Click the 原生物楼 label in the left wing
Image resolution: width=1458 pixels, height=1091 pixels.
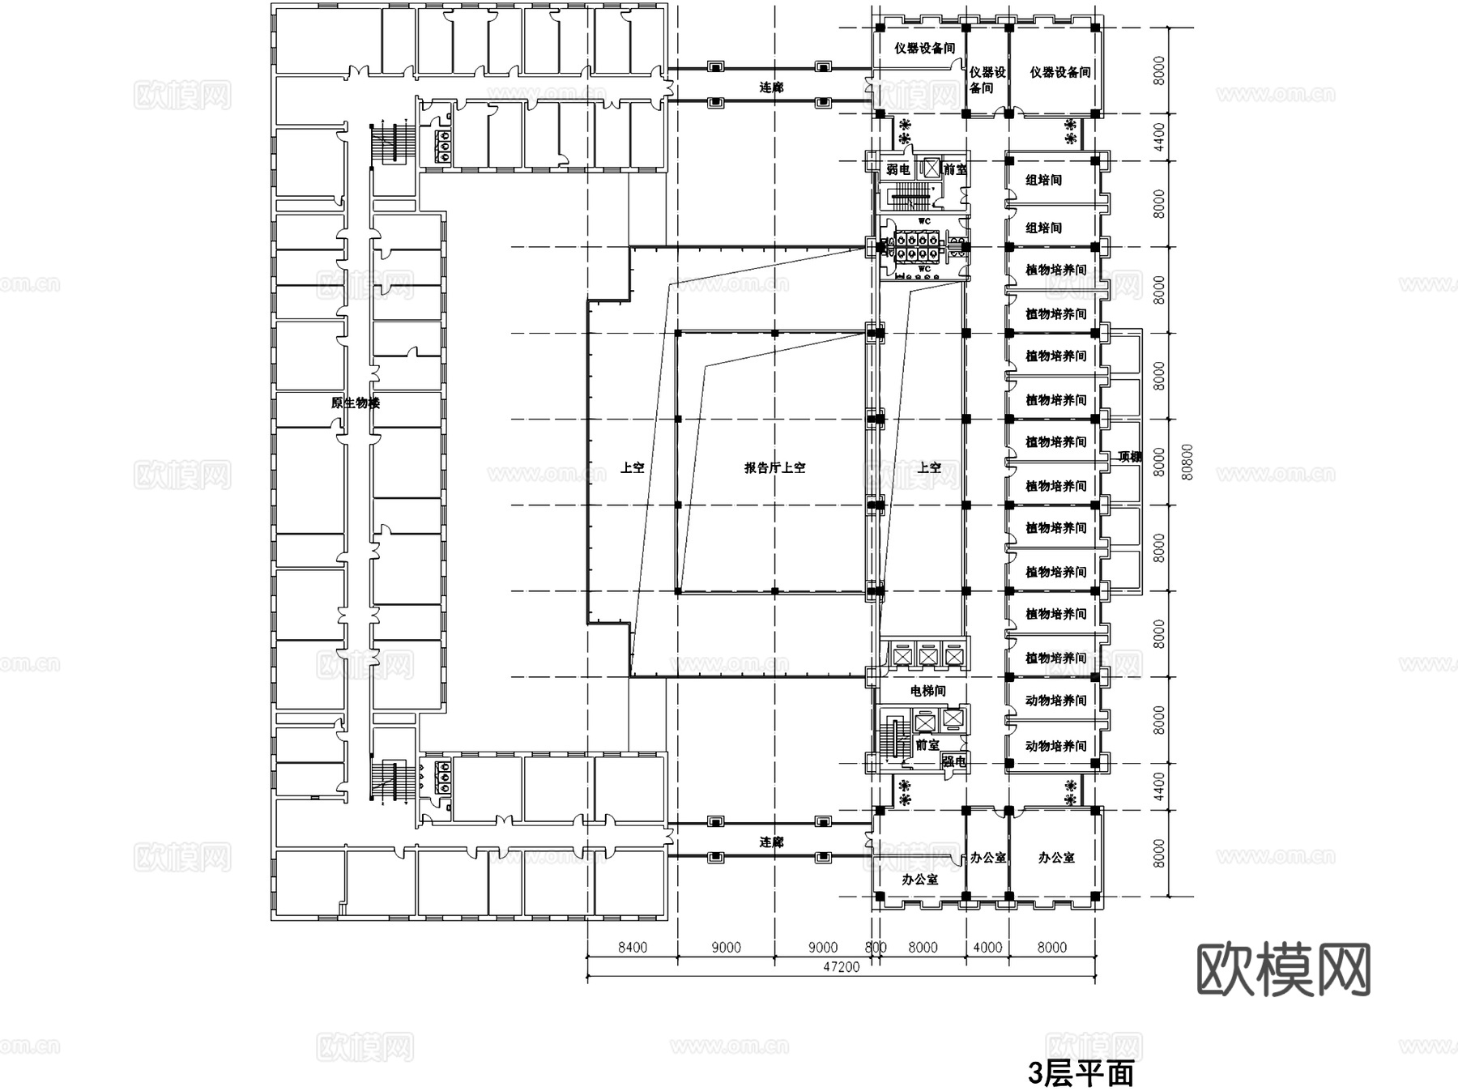coord(355,403)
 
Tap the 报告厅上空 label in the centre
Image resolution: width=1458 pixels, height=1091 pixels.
coord(774,467)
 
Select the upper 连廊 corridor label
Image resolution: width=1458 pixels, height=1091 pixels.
coord(771,87)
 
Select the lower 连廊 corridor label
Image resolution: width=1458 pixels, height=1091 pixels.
coord(771,842)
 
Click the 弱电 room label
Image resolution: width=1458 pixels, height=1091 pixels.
coord(897,169)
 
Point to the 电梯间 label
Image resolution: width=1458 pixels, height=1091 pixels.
coord(927,691)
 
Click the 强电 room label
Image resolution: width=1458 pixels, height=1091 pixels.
coord(953,761)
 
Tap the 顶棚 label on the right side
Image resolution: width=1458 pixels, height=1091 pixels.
coord(1129,457)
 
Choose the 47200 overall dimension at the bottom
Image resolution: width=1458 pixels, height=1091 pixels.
coord(841,967)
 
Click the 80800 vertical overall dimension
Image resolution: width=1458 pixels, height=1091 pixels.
coord(1187,462)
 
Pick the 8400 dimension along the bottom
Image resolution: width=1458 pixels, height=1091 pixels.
coord(632,947)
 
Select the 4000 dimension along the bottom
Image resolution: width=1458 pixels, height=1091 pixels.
coord(987,947)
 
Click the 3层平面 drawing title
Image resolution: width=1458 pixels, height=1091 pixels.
coord(1081,1074)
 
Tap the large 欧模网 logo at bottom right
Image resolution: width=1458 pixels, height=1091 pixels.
coord(1283,970)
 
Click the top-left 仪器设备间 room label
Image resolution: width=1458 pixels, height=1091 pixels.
coord(924,48)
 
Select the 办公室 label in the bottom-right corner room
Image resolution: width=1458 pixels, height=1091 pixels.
coord(1056,857)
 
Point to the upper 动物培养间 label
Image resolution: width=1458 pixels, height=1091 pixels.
coord(1055,701)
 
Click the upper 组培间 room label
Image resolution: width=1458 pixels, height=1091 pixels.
coord(1043,180)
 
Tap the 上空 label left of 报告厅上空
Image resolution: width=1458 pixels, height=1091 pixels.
coord(632,467)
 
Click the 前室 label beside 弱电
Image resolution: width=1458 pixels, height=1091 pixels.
coord(955,169)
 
